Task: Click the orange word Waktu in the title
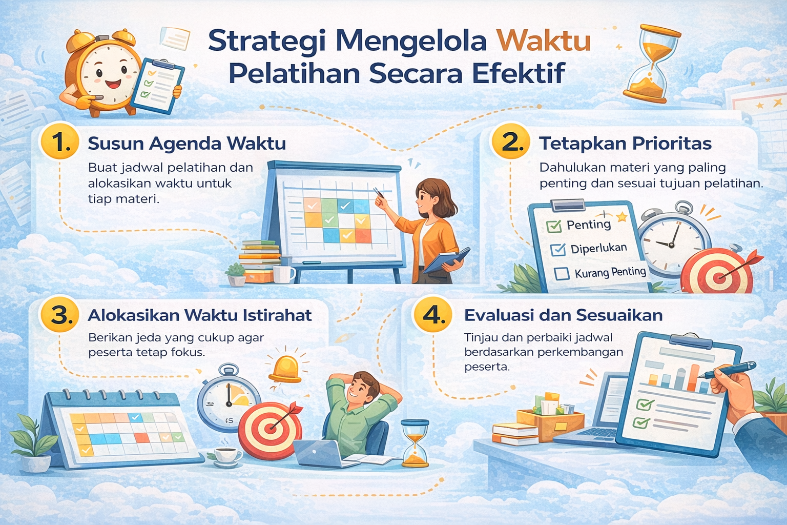click(544, 41)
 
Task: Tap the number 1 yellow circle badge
click(60, 142)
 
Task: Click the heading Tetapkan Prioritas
click(625, 144)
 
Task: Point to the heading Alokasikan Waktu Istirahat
click(200, 315)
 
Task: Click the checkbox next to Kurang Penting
click(562, 273)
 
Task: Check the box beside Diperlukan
click(557, 250)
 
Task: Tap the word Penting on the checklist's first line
click(589, 225)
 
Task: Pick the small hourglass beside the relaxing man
click(415, 443)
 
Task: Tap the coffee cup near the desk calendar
click(226, 455)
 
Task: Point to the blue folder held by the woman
click(446, 260)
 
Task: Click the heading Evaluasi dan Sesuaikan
click(563, 315)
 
